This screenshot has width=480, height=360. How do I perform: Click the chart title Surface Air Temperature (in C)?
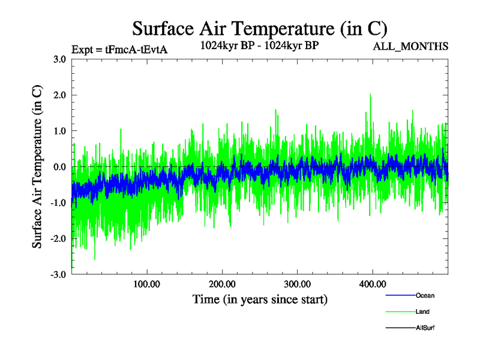pyautogui.click(x=259, y=28)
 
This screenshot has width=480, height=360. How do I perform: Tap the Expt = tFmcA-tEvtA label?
pyautogui.click(x=119, y=49)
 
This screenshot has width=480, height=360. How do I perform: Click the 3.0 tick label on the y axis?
pyautogui.click(x=59, y=59)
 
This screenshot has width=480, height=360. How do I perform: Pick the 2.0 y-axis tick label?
pyautogui.click(x=59, y=95)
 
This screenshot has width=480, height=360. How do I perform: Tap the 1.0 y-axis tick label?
pyautogui.click(x=59, y=131)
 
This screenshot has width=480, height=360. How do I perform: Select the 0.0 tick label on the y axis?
pyautogui.click(x=59, y=167)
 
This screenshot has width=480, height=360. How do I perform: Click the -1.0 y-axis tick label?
pyautogui.click(x=58, y=203)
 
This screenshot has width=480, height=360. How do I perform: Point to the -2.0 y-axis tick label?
pyautogui.click(x=58, y=239)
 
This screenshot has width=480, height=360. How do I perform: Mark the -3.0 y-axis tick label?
pyautogui.click(x=58, y=275)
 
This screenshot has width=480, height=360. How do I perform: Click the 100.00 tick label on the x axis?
pyautogui.click(x=146, y=284)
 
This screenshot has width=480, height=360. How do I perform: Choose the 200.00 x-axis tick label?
pyautogui.click(x=222, y=284)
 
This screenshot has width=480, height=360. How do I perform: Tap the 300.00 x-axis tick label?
pyautogui.click(x=297, y=284)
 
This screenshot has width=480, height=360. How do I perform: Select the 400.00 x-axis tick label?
pyautogui.click(x=372, y=284)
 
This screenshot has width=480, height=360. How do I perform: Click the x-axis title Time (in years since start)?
pyautogui.click(x=260, y=299)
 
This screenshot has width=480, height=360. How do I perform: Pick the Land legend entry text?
pyautogui.click(x=423, y=312)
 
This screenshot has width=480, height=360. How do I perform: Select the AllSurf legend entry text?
pyautogui.click(x=425, y=328)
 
